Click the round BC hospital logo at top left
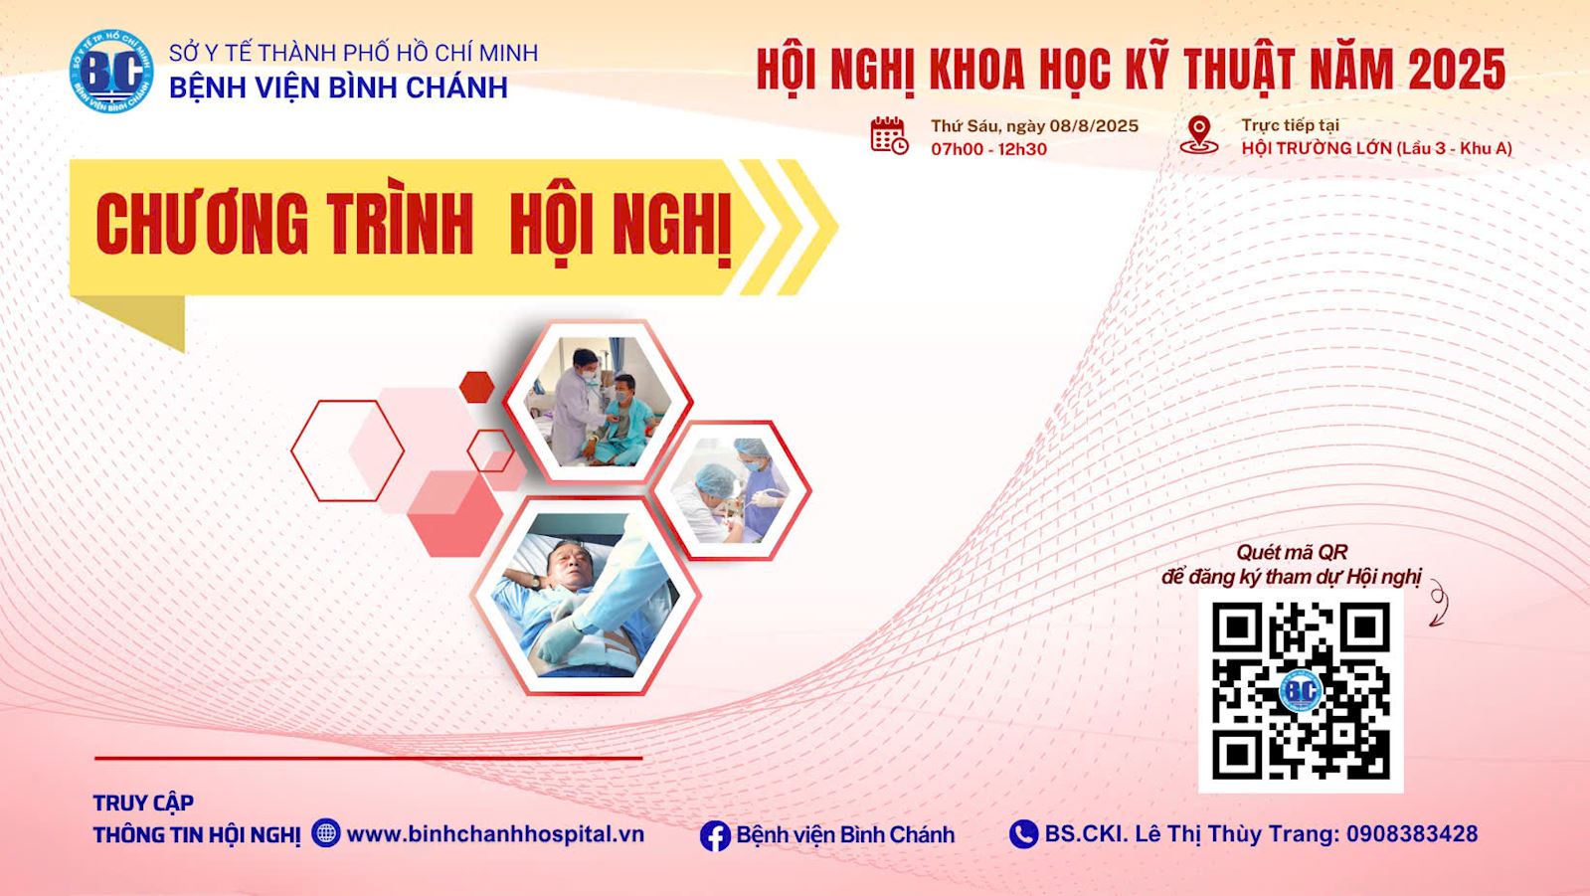111,71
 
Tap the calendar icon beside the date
889,135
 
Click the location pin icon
1199,135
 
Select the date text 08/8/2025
1094,126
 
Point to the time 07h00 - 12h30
988,149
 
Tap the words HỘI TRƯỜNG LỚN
1317,148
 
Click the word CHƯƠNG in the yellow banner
202,224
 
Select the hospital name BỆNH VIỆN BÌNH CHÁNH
339,88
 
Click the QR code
1301,691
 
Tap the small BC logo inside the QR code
1301,690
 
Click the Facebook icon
715,835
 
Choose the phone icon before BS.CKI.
1023,834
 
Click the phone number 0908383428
1412,834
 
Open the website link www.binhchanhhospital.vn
495,834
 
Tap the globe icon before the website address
326,832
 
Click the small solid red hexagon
476,388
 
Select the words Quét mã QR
1291,552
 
